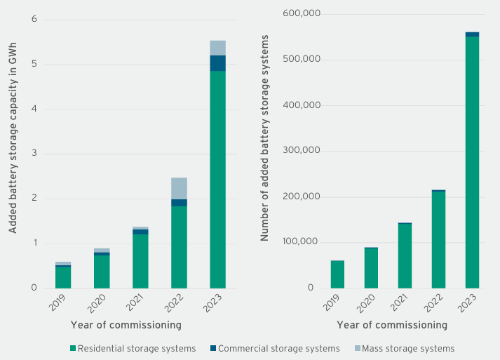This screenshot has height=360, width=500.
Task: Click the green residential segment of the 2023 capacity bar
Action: point(217,179)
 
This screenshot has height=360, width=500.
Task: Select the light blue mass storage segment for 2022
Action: point(179,188)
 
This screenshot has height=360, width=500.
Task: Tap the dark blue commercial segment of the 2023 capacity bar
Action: point(217,63)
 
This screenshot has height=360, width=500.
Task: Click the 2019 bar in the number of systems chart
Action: point(337,274)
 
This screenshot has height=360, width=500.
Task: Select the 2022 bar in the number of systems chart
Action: point(438,239)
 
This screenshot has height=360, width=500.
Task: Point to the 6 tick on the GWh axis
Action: point(34,19)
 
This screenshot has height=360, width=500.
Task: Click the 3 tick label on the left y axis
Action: point(34,154)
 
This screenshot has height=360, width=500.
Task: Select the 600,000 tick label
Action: point(302,13)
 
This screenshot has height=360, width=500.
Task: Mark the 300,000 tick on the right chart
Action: point(302,151)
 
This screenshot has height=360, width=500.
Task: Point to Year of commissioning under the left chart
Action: point(126,325)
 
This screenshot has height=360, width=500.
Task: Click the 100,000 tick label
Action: point(302,242)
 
